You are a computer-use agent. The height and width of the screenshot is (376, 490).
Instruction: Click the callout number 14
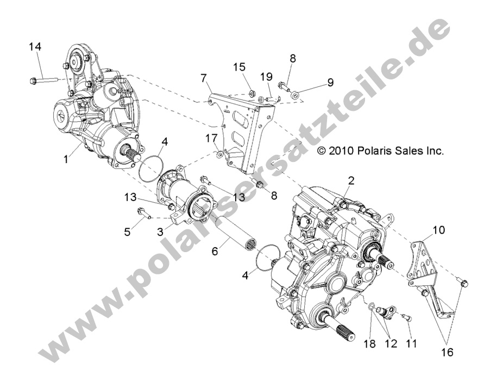35,47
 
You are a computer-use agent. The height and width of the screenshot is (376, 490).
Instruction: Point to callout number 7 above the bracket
203,78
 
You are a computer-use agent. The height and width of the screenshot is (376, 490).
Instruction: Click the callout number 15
240,67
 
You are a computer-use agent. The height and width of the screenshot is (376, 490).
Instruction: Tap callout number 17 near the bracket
210,139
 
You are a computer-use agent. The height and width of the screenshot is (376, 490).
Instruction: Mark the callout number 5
128,231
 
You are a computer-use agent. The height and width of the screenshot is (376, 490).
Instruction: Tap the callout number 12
391,343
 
